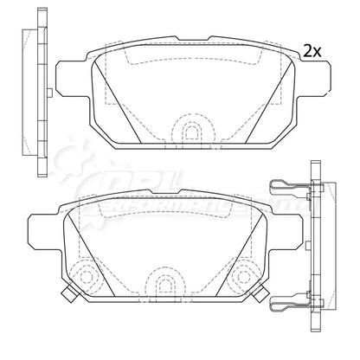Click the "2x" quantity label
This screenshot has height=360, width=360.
(x=312, y=51)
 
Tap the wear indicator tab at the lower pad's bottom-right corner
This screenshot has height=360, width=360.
(x=259, y=297)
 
